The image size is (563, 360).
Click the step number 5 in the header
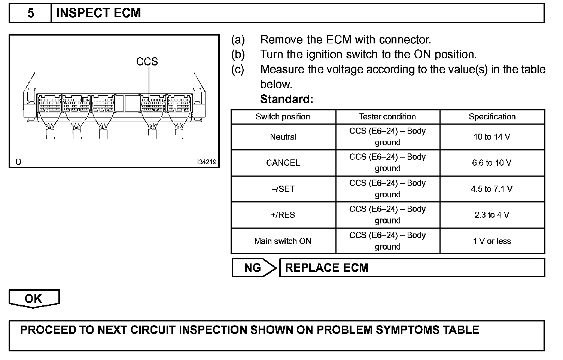(31, 13)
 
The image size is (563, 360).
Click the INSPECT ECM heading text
(98, 13)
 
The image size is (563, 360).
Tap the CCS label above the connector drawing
(147, 61)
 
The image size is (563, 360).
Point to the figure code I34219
(207, 162)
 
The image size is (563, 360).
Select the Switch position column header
(283, 117)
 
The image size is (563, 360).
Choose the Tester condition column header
(387, 117)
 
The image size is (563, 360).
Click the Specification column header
(492, 117)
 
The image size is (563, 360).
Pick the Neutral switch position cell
(283, 137)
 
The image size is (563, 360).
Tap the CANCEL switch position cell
(283, 163)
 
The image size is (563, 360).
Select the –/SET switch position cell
(283, 189)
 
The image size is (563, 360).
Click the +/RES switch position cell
(283, 215)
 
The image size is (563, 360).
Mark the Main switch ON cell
(283, 241)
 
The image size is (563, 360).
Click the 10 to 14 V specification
(492, 137)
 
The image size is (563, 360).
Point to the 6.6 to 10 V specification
(492, 163)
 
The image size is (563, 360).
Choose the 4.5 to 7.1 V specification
(492, 189)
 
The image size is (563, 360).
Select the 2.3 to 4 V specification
(492, 215)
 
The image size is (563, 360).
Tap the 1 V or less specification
(492, 241)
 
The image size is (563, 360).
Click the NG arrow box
(253, 268)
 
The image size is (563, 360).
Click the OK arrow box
(34, 299)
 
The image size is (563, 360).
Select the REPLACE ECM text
(327, 268)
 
